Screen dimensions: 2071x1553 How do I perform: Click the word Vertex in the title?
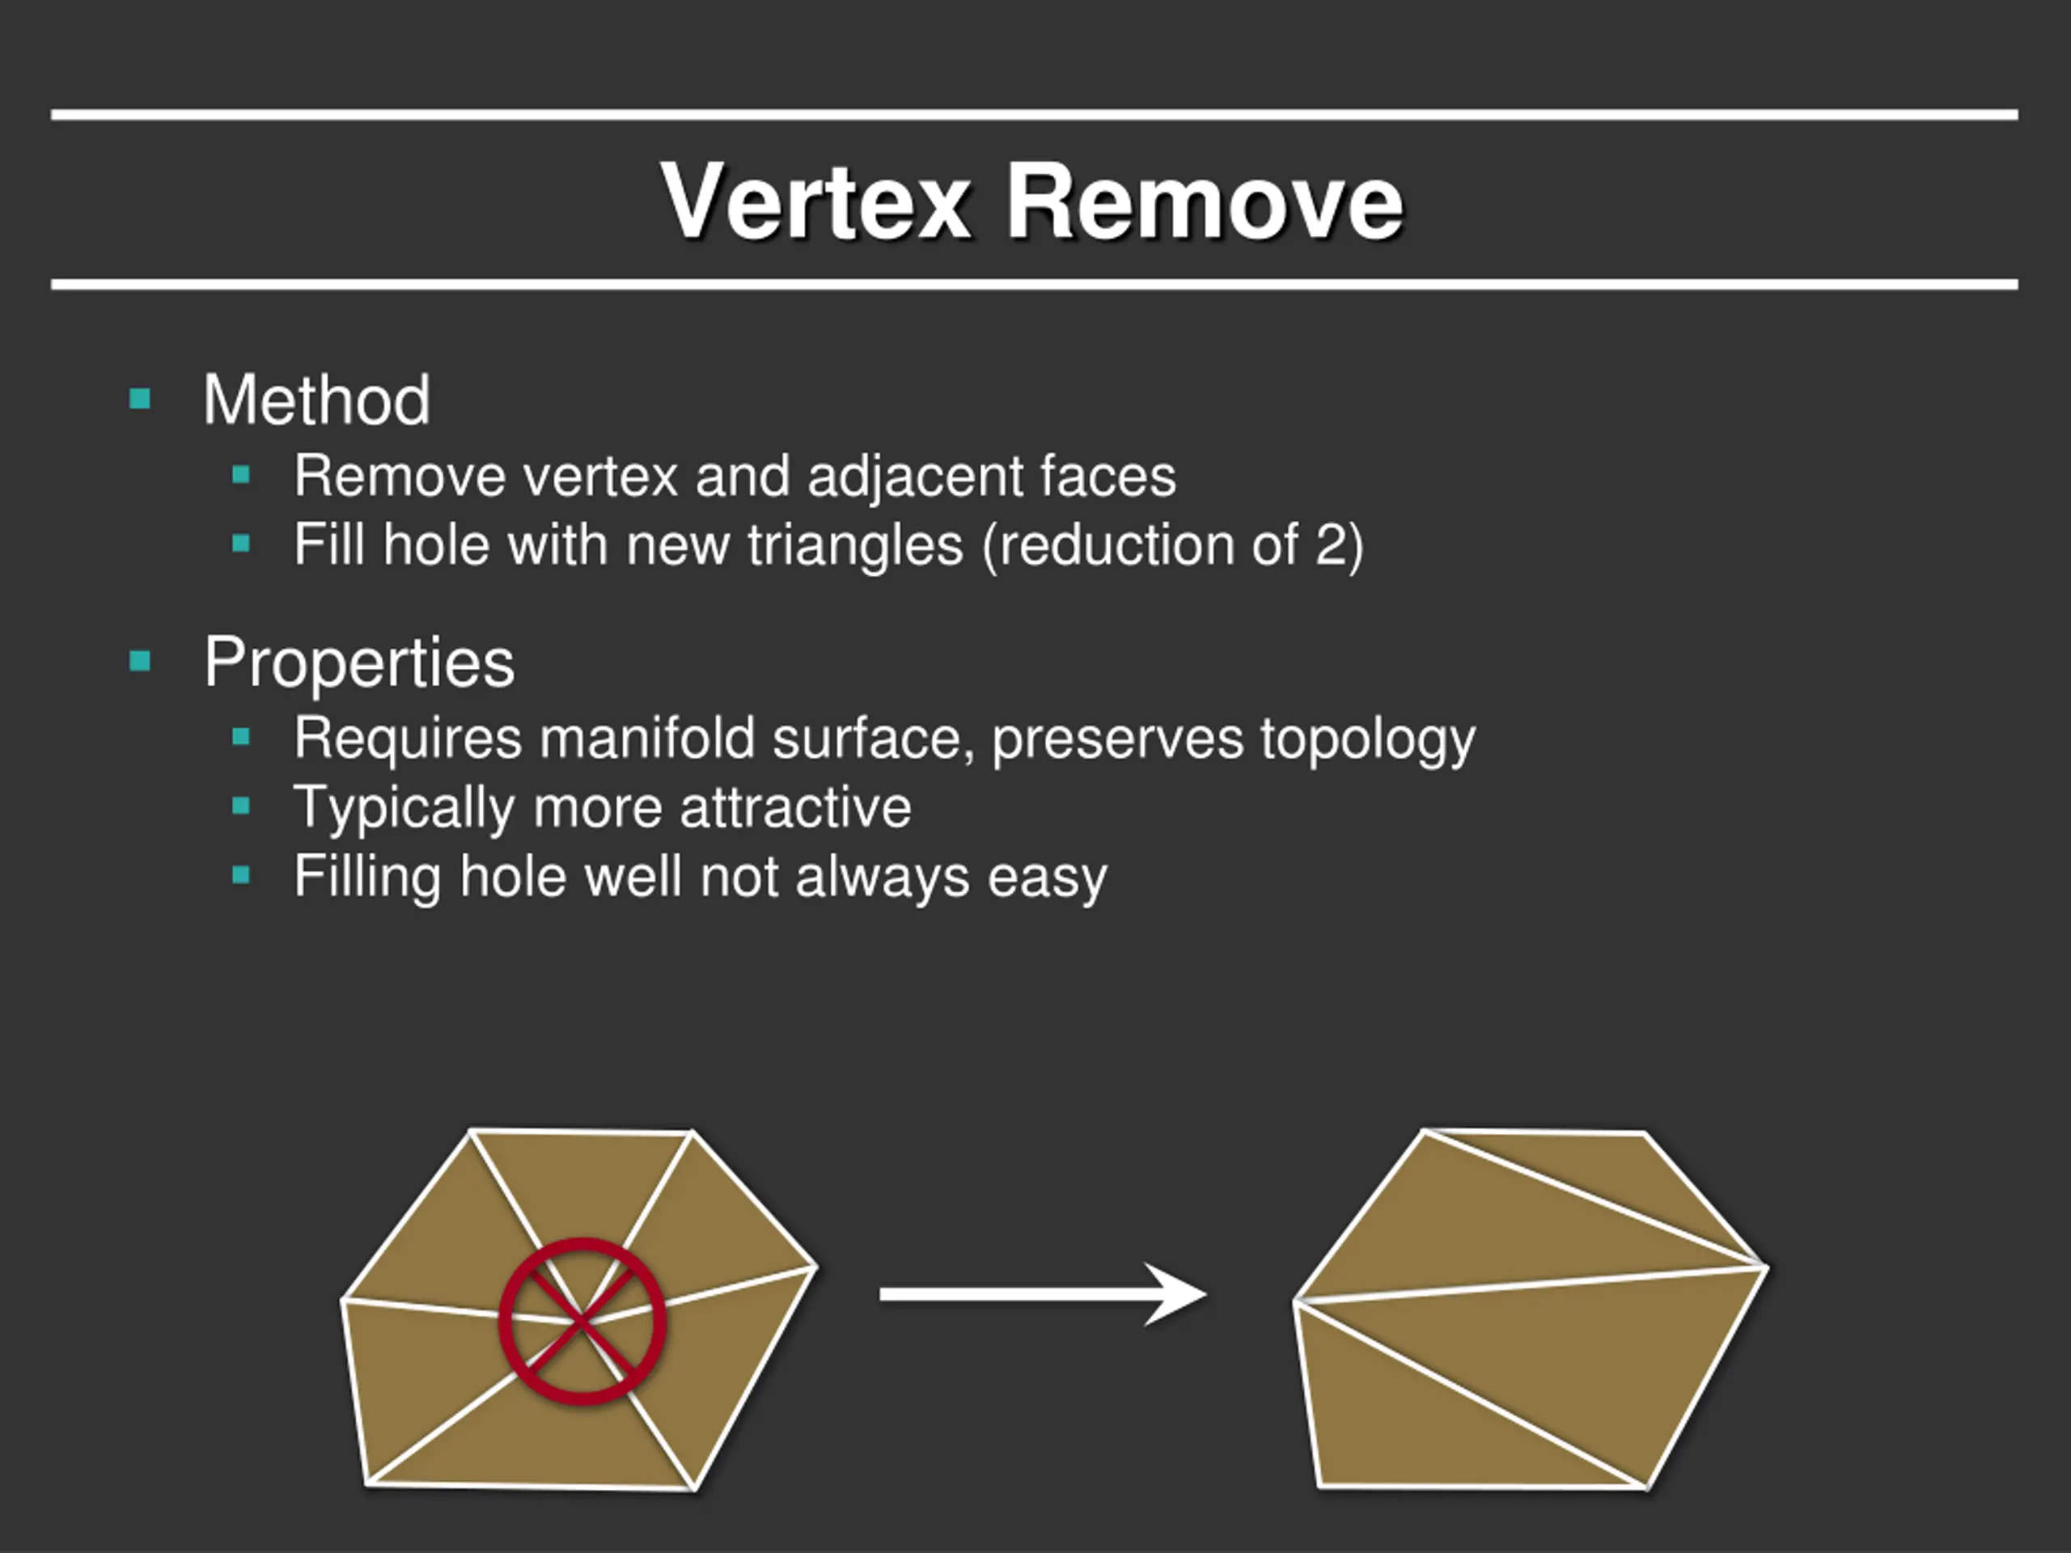(x=815, y=201)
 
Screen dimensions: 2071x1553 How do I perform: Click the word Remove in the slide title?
(x=1204, y=201)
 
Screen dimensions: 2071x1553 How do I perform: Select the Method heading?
(x=316, y=400)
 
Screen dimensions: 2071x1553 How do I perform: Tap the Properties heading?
(x=358, y=662)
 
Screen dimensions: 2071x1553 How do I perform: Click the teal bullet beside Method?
(x=141, y=400)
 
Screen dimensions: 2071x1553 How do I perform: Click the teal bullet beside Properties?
(x=141, y=662)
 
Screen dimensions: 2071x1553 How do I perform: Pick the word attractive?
(x=795, y=807)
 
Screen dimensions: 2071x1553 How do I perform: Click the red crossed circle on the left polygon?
(x=582, y=1321)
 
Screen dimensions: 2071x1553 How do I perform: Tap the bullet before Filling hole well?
(x=242, y=875)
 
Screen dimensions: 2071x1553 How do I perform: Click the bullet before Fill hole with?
(x=242, y=543)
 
